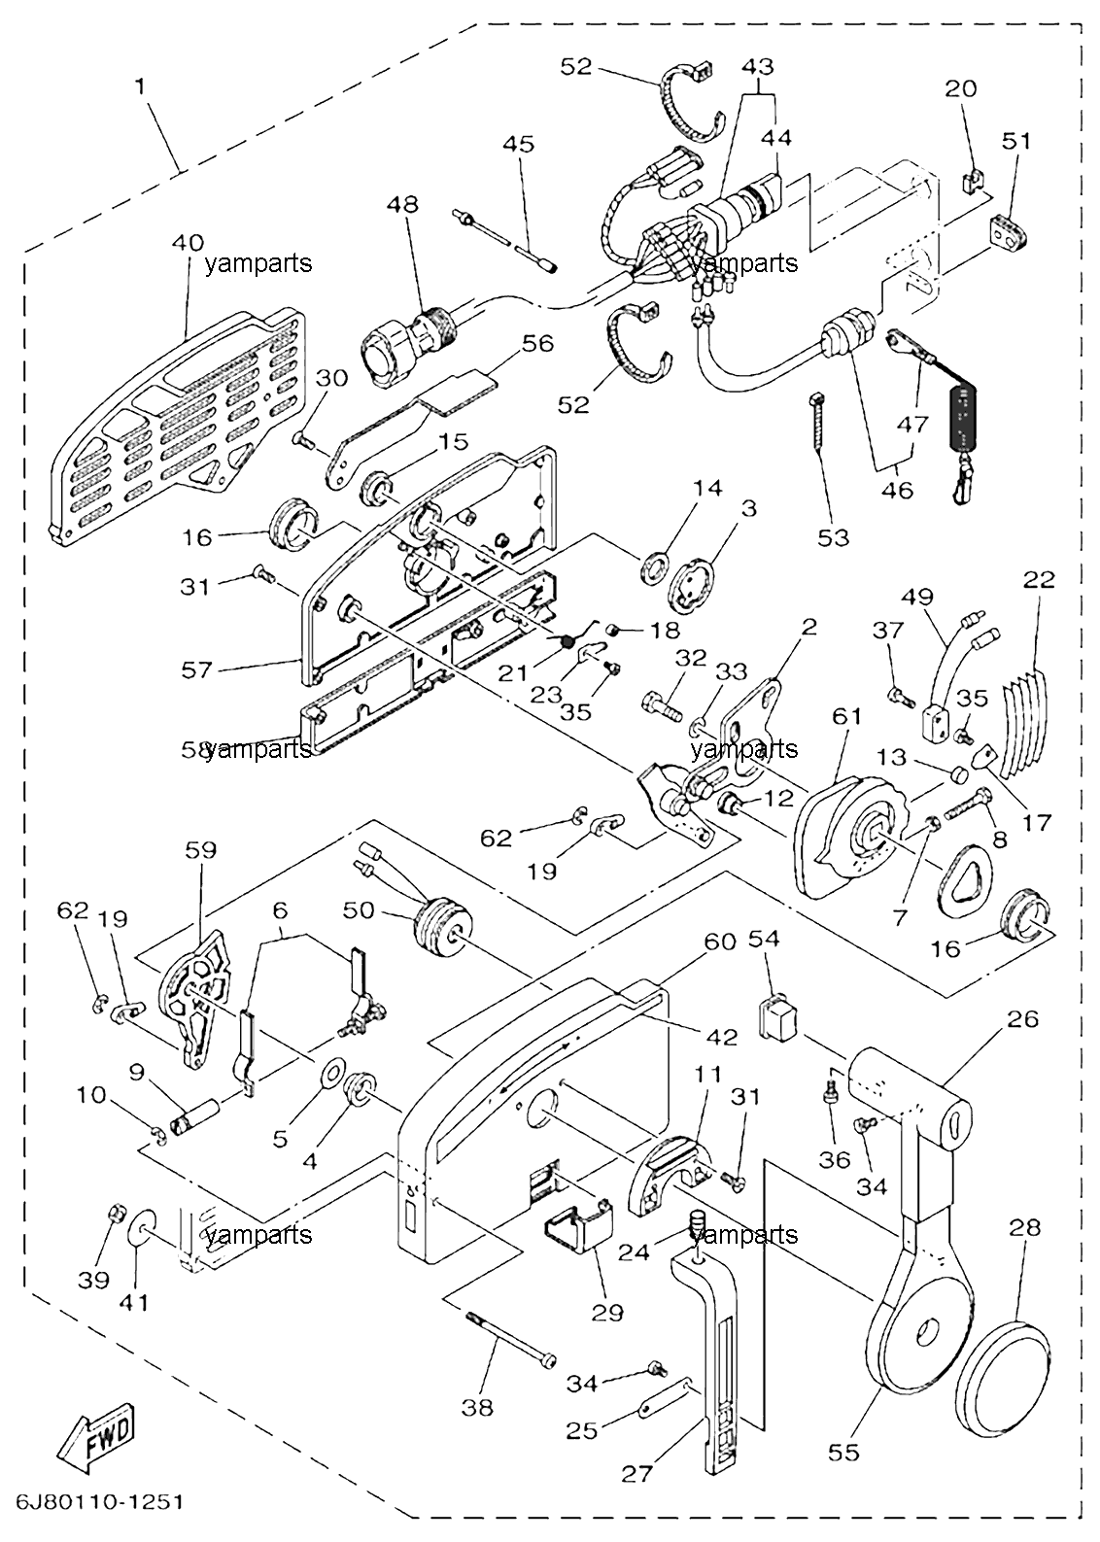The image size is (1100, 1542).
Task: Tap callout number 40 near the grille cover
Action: [x=188, y=244]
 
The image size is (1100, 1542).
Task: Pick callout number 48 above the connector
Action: [x=403, y=204]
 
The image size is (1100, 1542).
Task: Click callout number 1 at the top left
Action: [x=141, y=86]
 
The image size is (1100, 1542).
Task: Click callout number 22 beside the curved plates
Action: [x=1040, y=580]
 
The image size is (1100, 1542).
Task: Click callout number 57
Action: [x=197, y=669]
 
